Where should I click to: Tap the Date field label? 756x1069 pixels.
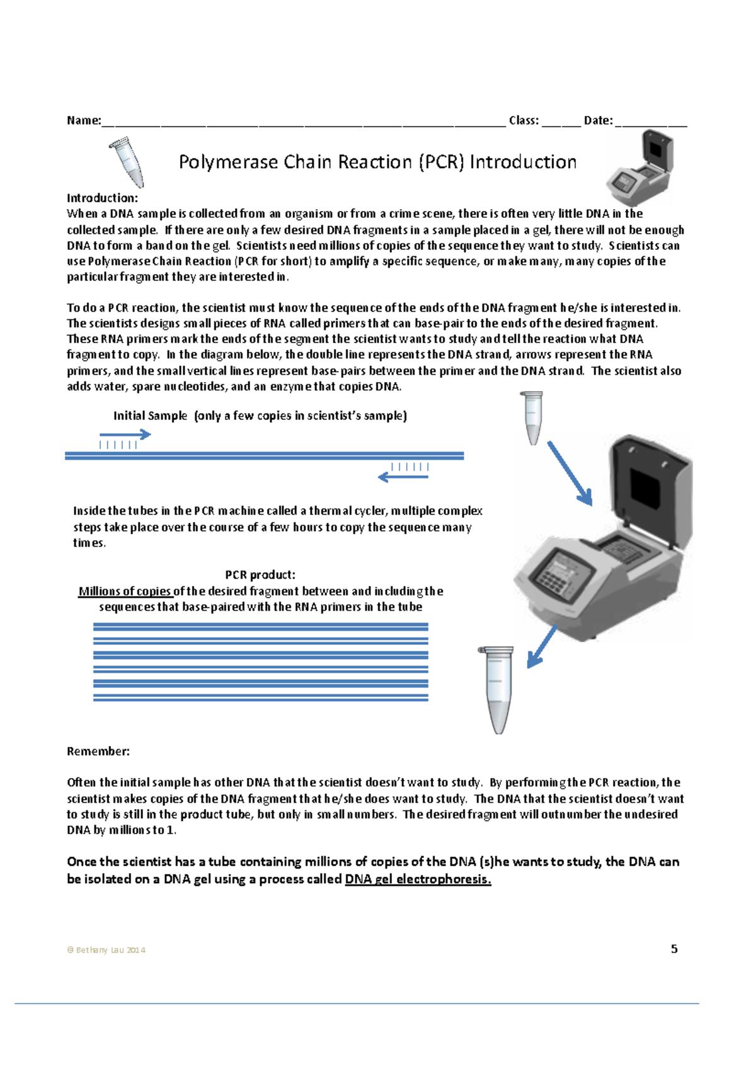(598, 120)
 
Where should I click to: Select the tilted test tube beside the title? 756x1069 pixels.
(129, 162)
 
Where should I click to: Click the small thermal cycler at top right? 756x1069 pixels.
(640, 169)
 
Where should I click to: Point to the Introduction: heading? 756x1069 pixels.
(102, 198)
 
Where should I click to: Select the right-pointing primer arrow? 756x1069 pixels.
(125, 434)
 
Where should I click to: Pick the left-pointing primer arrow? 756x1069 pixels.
(403, 477)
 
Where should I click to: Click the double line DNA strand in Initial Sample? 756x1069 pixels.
(265, 456)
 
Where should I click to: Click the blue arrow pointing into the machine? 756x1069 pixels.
(570, 473)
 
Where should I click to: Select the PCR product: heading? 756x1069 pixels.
(260, 575)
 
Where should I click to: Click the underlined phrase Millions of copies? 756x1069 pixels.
(125, 591)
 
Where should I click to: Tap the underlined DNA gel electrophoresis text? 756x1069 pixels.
(418, 879)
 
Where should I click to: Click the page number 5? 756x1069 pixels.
(674, 949)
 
